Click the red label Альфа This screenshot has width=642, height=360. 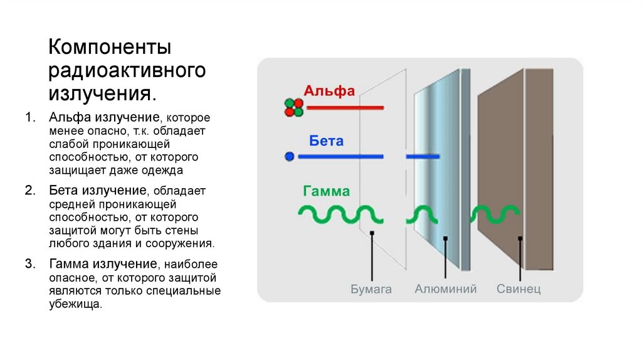[x=329, y=91]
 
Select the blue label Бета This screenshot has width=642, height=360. [x=326, y=140]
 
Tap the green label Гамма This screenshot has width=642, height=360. [x=326, y=191]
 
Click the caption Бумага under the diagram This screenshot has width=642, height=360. [x=371, y=289]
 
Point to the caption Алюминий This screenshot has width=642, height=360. [x=446, y=289]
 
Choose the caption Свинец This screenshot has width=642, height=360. [x=518, y=289]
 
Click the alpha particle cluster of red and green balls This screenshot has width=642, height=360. [x=293, y=107]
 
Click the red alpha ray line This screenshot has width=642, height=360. [x=345, y=108]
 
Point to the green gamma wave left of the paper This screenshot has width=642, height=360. [x=332, y=214]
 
